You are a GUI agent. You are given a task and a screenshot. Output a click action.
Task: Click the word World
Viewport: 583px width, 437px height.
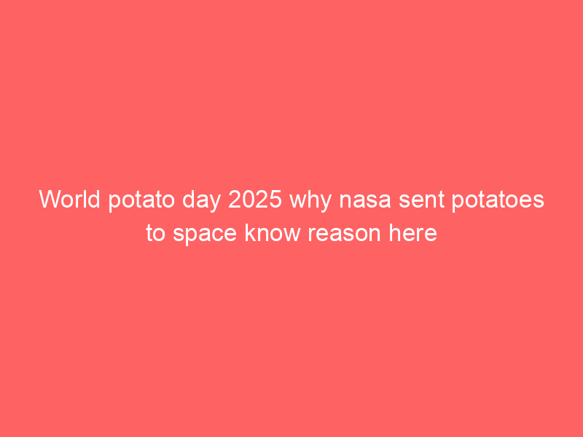coord(69,199)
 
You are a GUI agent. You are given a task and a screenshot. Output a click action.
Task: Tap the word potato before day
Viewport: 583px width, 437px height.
coord(141,201)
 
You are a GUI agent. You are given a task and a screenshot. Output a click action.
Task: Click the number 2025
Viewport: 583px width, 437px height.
coord(255,199)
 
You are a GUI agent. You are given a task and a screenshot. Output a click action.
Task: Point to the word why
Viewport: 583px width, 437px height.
coord(310,201)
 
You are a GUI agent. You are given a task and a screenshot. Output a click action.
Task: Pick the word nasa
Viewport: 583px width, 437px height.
coord(365,202)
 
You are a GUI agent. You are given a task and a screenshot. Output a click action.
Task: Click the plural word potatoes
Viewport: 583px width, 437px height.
coord(498,201)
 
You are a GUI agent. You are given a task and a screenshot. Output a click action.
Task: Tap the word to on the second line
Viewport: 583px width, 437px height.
coord(155,234)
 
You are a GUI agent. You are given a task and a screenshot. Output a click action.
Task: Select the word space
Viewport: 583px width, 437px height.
coord(205,235)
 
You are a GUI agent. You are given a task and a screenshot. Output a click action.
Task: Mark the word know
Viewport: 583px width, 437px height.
coord(273,232)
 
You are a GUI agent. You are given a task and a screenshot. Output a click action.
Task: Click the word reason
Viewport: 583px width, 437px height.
coord(344,235)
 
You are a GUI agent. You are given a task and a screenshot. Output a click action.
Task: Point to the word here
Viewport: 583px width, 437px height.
coord(412,232)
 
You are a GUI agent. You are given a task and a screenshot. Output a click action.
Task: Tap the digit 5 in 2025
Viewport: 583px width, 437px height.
coord(275,199)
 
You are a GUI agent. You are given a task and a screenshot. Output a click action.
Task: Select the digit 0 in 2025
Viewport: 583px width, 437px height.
coord(248,199)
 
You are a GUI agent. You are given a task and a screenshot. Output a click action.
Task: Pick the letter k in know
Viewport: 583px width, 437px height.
coord(251,232)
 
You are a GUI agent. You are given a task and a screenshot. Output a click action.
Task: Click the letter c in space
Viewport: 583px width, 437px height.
coord(216,235)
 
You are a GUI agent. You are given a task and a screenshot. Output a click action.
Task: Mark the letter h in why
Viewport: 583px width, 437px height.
coord(313,199)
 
